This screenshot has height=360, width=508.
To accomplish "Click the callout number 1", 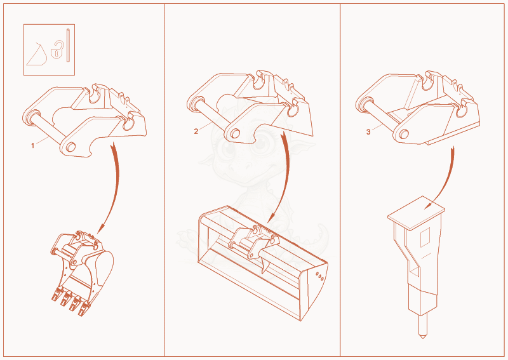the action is (32, 146).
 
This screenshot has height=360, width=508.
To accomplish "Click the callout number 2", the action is (196, 131).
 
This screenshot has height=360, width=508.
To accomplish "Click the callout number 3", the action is (368, 132).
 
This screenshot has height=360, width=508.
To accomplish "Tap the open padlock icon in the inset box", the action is (57, 50).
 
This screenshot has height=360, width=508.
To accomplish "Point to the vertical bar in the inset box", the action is (68, 45).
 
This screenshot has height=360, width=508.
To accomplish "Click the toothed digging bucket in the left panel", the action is (83, 273).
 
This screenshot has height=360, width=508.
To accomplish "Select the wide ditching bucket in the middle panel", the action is (263, 263).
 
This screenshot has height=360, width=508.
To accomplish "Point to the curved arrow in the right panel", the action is (449, 182).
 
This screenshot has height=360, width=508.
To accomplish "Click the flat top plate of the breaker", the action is (417, 213).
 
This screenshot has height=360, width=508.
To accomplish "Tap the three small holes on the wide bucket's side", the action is (320, 276).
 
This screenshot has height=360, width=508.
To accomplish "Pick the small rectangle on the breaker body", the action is (425, 237).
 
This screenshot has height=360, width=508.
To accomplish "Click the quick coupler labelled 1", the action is (85, 121).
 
